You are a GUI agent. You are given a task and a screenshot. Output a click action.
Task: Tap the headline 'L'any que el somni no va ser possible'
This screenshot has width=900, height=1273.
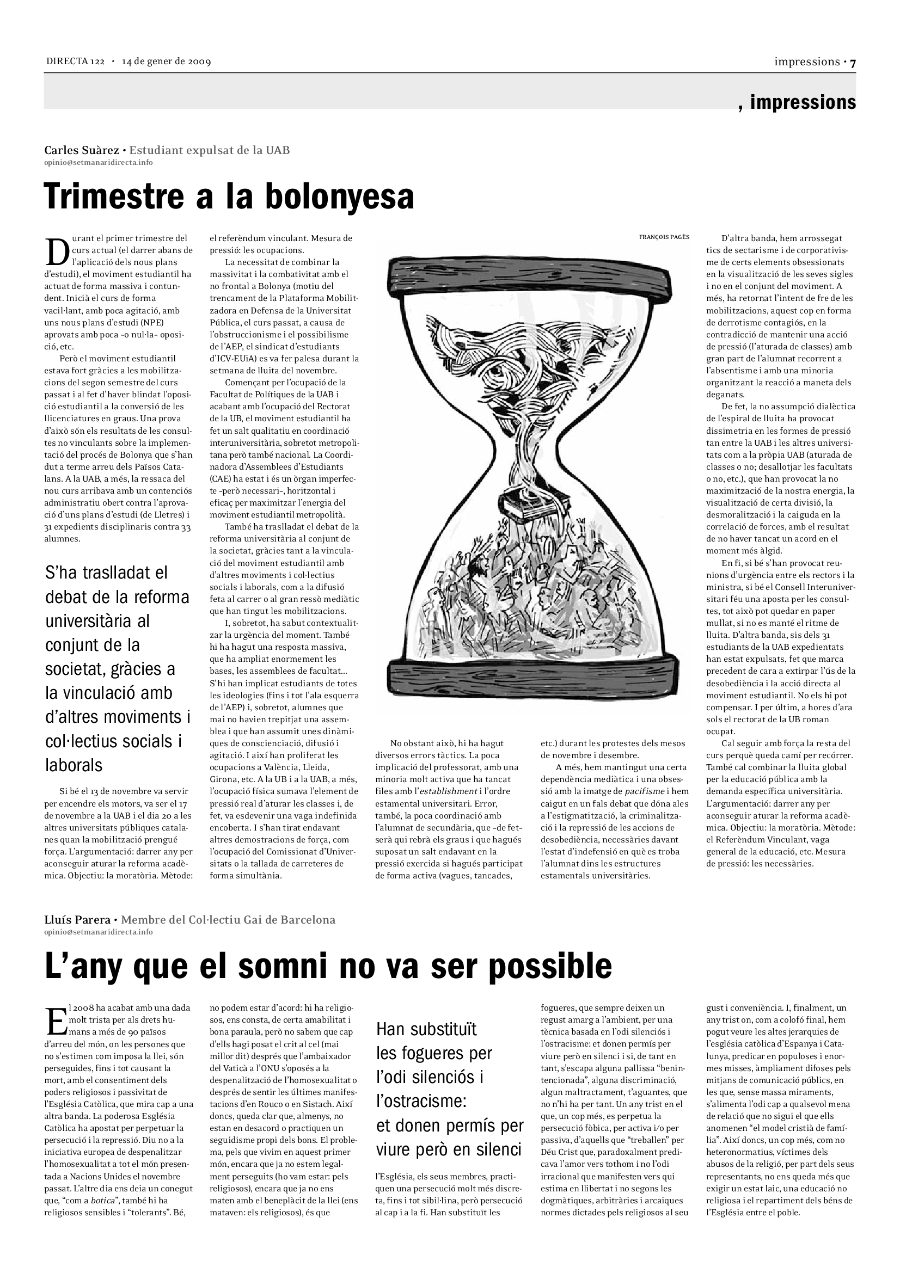[x=328, y=966]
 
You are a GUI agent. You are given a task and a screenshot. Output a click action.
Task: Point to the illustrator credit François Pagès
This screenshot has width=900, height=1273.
[x=664, y=237]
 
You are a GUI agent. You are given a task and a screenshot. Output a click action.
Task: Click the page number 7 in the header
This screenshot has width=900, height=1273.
[x=853, y=63]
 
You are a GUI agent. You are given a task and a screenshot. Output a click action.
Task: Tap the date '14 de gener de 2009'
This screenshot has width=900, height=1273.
[x=167, y=62]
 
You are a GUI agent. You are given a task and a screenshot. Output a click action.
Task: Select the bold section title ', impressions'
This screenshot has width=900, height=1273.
[x=797, y=102]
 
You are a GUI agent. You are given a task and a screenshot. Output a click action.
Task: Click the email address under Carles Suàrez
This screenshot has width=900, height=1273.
[x=99, y=162]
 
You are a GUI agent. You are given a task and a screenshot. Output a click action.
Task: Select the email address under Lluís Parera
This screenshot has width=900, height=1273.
[x=99, y=932]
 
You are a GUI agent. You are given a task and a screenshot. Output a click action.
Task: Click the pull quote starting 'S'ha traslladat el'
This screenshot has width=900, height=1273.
[x=118, y=669]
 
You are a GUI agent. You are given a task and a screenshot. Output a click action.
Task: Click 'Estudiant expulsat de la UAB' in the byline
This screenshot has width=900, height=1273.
[x=209, y=150]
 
